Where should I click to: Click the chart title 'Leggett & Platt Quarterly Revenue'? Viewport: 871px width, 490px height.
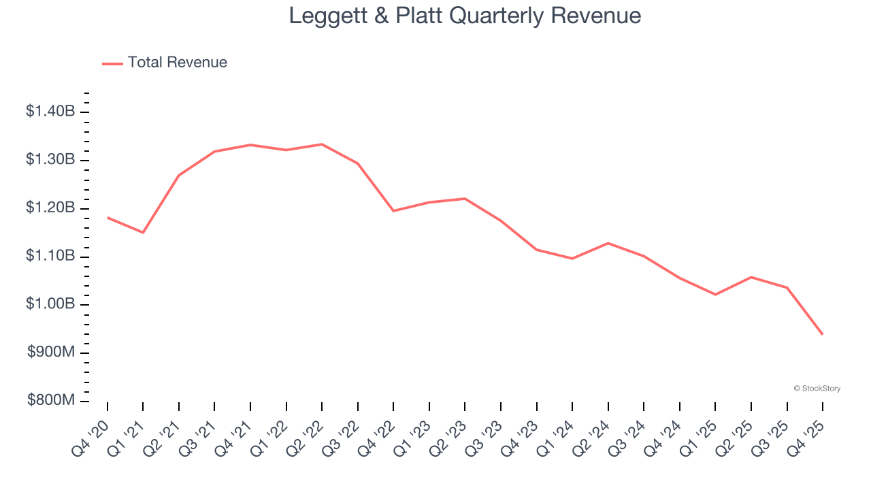tap(465, 16)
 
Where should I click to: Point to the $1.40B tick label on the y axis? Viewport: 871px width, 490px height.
tap(50, 112)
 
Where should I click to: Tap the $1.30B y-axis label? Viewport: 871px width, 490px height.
tap(50, 160)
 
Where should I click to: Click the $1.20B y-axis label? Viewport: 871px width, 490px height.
tap(50, 208)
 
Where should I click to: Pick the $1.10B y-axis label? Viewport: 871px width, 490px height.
tap(50, 257)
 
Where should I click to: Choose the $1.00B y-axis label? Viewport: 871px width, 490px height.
tap(50, 304)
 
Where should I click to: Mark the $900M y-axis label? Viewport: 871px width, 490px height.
tap(52, 353)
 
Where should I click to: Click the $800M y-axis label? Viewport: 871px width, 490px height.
tap(52, 401)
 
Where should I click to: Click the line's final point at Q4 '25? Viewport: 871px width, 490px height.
tap(823, 334)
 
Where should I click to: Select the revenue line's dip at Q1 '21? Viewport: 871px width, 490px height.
tap(143, 233)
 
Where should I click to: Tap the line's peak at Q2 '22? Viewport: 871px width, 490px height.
tap(322, 144)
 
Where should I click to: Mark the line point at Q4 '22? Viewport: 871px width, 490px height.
tap(393, 211)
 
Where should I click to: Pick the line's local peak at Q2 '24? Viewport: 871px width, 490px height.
tap(608, 243)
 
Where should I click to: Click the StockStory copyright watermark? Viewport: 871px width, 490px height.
tap(817, 389)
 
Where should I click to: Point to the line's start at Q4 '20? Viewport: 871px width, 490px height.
tap(108, 218)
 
